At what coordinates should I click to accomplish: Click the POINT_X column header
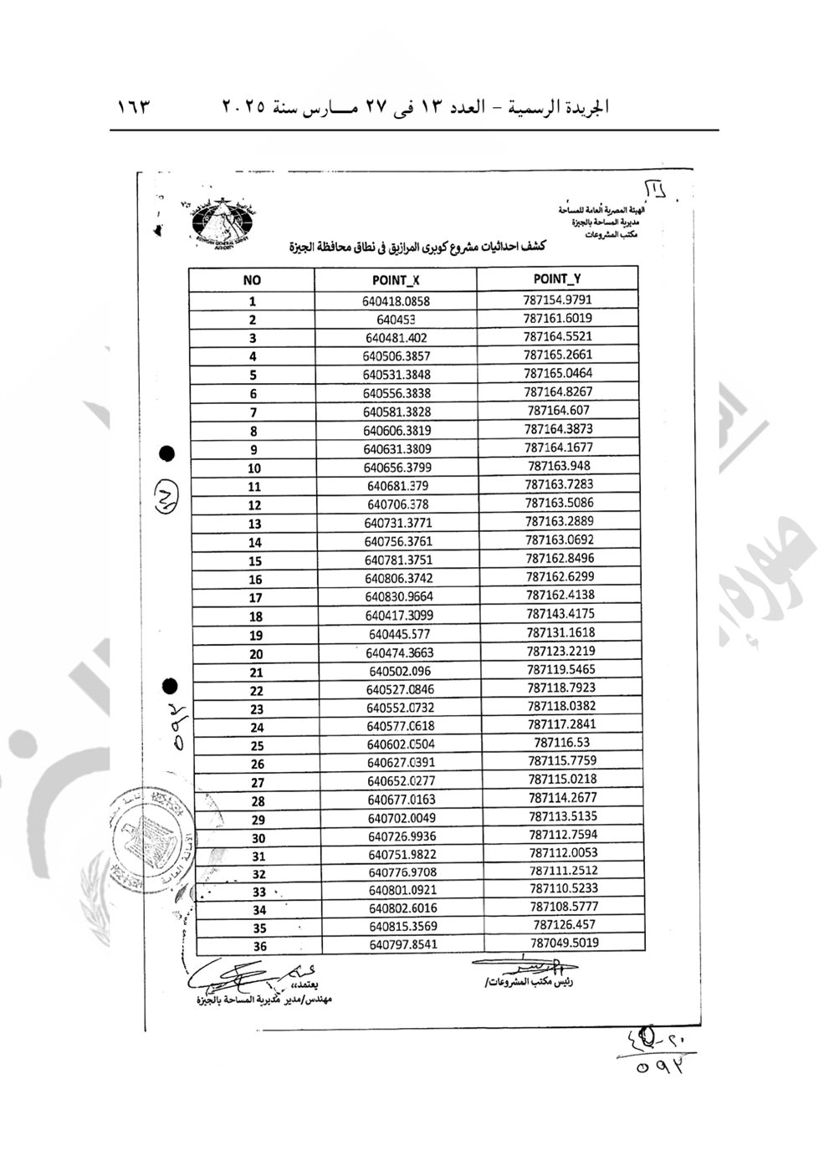[396, 280]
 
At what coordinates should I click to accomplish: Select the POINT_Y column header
[556, 279]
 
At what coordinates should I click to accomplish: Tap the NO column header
[252, 281]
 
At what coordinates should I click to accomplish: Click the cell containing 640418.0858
[397, 301]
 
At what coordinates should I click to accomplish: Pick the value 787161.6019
[558, 318]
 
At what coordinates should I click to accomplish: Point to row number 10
[253, 468]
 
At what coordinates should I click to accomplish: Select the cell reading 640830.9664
[399, 597]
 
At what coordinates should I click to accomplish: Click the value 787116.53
[561, 742]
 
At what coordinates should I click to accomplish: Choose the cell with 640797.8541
[402, 944]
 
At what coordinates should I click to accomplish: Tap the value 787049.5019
[564, 942]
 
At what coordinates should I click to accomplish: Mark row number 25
[257, 746]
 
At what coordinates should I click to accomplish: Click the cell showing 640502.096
[399, 672]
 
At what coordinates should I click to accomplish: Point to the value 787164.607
[559, 410]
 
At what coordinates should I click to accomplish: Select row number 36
[260, 947]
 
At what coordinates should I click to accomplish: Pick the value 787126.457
[564, 924]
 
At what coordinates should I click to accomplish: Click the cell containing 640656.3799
[397, 468]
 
